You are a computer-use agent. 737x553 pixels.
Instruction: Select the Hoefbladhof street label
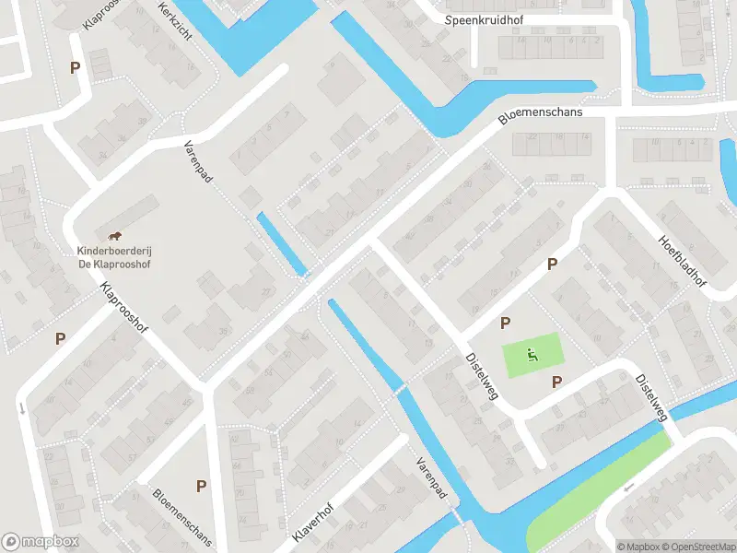[x=681, y=260]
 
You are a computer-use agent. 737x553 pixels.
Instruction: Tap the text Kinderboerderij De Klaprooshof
[x=114, y=257]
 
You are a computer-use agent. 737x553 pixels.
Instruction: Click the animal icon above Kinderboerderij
[x=115, y=238]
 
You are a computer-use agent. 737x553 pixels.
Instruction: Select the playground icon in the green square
[x=531, y=352]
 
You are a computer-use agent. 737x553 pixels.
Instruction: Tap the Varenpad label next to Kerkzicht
[x=198, y=162]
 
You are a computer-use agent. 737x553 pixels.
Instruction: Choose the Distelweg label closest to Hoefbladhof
[x=651, y=399]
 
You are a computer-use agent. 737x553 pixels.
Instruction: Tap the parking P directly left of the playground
[x=505, y=324]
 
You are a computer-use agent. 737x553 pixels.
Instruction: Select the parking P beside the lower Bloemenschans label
[x=201, y=486]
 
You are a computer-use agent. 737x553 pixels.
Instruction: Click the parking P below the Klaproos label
[x=74, y=67]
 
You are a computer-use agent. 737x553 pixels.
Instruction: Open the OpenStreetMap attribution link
[x=696, y=547]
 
